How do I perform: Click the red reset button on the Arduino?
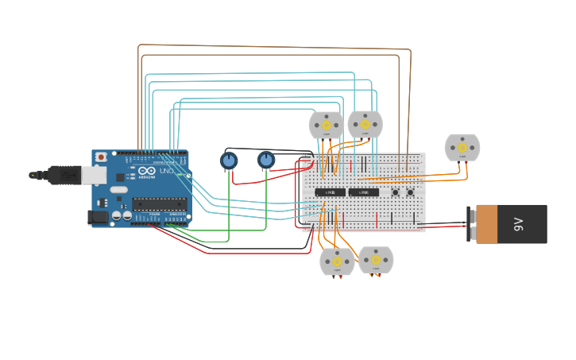(x=101, y=157)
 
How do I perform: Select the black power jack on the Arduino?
(x=98, y=216)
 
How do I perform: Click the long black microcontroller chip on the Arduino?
(x=160, y=204)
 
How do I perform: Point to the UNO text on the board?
(x=167, y=171)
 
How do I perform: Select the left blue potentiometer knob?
(x=229, y=161)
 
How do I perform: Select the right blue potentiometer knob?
(x=266, y=161)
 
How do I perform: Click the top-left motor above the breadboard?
(x=326, y=125)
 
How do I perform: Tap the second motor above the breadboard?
(x=365, y=124)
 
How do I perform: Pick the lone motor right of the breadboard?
(x=462, y=148)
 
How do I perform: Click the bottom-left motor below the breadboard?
(x=337, y=261)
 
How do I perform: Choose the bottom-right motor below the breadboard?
(x=376, y=260)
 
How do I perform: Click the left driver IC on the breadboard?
(x=330, y=192)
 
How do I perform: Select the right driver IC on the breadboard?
(x=363, y=192)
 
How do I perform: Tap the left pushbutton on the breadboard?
(x=396, y=192)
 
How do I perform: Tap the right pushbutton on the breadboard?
(x=411, y=192)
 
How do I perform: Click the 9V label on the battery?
(x=519, y=224)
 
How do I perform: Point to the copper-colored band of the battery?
(x=486, y=224)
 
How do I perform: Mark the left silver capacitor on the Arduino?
(x=117, y=215)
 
